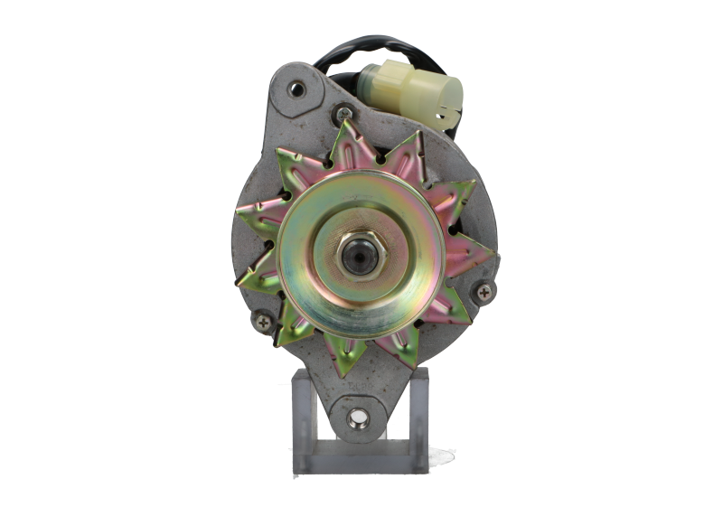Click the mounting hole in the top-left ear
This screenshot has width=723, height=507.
pos(295,89)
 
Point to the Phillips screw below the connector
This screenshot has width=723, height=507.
pos(344,113)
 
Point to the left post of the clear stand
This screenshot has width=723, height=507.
pos(300,425)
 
